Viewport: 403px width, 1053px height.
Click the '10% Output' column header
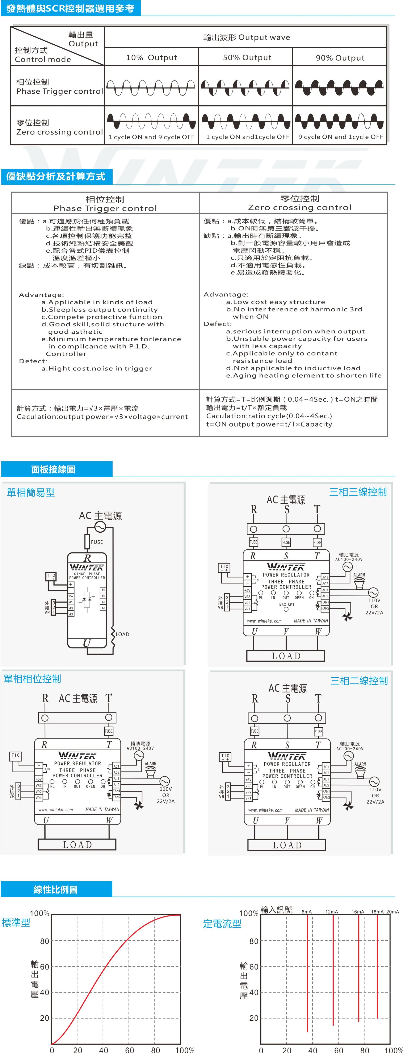pos(151,58)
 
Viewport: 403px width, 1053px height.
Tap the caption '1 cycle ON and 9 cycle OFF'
pos(151,137)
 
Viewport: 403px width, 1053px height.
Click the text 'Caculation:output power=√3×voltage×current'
pos(102,416)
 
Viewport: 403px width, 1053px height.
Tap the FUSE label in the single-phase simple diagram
pos(97,542)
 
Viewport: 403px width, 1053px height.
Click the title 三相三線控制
pos(358,492)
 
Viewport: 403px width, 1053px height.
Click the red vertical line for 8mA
pos(307,973)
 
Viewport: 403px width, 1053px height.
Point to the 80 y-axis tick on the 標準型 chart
pos(45,941)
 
